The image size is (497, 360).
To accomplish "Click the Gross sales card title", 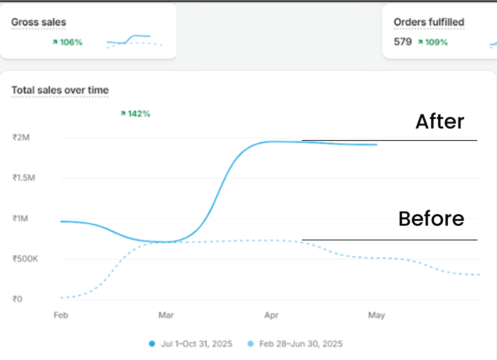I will (39, 22).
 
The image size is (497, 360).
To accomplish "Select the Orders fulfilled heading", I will (429, 22).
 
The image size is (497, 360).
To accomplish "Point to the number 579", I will (403, 42).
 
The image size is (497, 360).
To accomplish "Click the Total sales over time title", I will (60, 91).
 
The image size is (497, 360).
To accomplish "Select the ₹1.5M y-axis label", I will (24, 178).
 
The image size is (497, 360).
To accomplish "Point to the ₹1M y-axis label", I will (21, 219).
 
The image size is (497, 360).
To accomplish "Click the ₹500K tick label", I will (25, 259).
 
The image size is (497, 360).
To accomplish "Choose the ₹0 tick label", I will (18, 299).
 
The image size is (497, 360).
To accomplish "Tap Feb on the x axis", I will (61, 315).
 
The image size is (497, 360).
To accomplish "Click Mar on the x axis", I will (166, 315).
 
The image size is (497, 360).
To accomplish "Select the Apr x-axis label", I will (272, 315).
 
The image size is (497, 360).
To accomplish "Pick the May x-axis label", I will (376, 315).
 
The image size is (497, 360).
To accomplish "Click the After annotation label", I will (439, 122).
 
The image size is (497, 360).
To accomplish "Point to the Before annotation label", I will (431, 219).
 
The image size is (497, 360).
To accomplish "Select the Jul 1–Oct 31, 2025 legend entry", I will (191, 344).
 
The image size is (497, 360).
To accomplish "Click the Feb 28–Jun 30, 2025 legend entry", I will (295, 344).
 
